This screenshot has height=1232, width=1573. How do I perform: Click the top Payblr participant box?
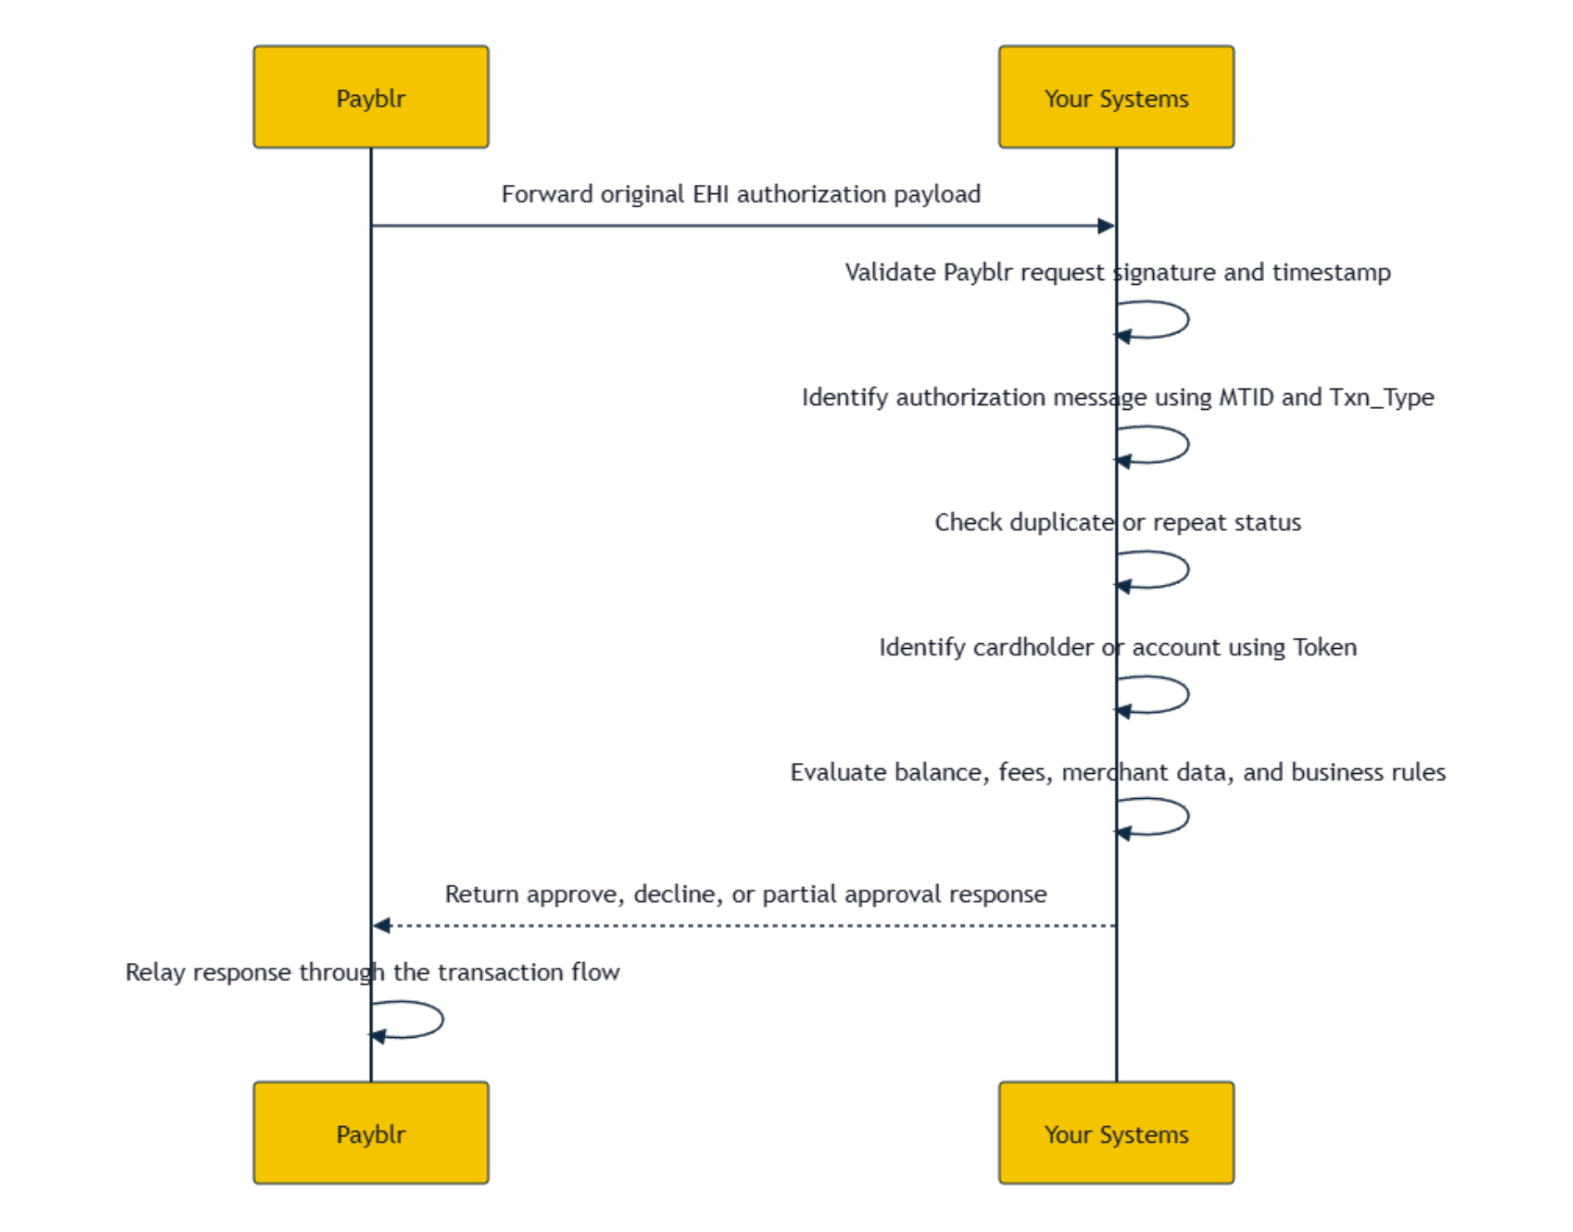click(371, 97)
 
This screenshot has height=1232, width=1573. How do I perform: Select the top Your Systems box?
click(1116, 97)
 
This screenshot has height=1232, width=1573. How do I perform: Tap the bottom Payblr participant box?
click(371, 1133)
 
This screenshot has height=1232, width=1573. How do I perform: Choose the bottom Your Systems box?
click(1116, 1133)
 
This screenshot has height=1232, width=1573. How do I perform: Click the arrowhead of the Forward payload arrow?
click(1106, 226)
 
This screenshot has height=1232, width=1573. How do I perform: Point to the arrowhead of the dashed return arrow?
click(382, 925)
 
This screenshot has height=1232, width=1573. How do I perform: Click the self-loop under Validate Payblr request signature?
click(1187, 320)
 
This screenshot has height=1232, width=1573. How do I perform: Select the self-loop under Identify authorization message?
click(1187, 445)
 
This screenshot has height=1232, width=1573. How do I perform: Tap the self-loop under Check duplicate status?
click(1187, 570)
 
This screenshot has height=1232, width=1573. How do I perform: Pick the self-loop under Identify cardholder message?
click(1187, 695)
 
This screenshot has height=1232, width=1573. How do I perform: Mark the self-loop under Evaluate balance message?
click(1187, 817)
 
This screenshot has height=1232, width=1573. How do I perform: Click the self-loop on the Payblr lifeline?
click(442, 1020)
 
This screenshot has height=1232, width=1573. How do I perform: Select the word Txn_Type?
click(1382, 398)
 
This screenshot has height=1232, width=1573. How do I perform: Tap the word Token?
click(1325, 647)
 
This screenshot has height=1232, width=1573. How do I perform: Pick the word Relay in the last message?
click(155, 973)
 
